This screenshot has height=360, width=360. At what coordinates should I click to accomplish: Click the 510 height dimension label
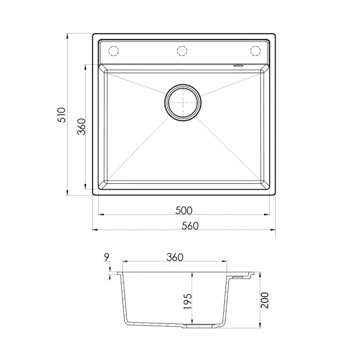tap(62, 115)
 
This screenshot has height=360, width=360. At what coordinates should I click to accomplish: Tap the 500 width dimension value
tap(184, 210)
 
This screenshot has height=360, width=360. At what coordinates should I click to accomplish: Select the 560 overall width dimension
tap(190, 226)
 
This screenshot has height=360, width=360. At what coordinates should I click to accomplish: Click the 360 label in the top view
tap(81, 126)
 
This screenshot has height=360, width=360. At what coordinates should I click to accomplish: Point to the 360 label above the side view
tap(174, 257)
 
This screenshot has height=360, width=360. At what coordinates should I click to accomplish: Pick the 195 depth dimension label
tap(188, 301)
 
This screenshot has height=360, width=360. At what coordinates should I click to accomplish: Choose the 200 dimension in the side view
tap(265, 300)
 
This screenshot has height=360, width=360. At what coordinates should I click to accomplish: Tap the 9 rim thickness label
tap(106, 257)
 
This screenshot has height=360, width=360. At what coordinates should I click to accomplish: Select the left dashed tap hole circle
tap(114, 51)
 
